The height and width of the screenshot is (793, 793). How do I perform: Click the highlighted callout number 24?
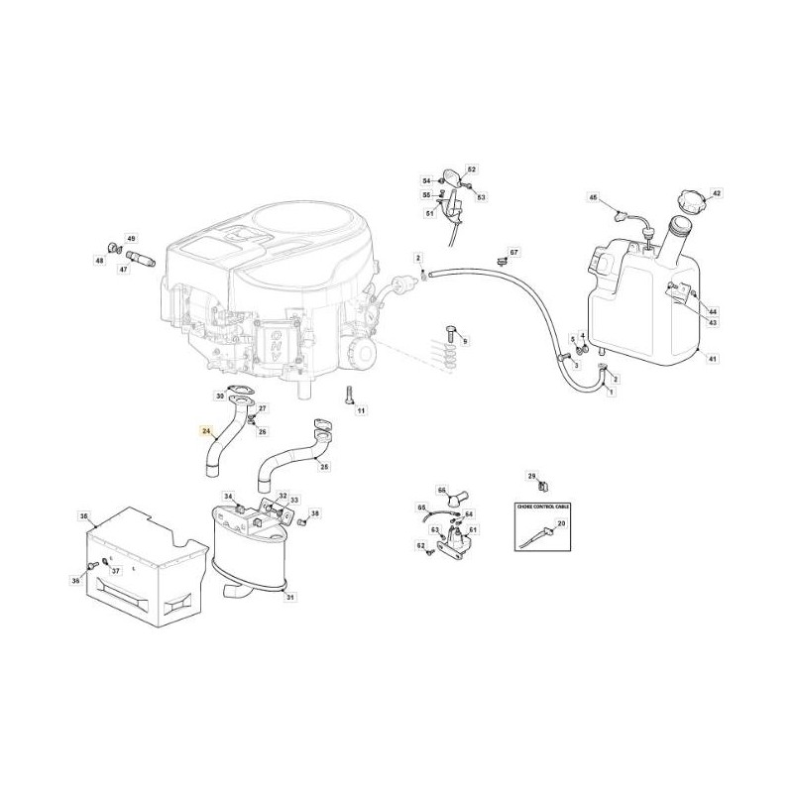pos(206,431)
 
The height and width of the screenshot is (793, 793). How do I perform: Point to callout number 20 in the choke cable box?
pos(562,523)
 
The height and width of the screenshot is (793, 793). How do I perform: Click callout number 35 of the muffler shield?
pos(84,516)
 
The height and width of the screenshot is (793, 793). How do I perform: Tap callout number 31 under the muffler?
pos(289,596)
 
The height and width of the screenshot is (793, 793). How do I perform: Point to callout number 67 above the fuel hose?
pos(514,254)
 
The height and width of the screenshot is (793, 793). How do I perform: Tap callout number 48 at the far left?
pos(99,261)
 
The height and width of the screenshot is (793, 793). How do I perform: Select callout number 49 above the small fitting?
pos(131,239)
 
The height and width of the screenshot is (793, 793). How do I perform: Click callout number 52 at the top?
pos(472,170)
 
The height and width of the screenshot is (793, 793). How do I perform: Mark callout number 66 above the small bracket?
pos(443,489)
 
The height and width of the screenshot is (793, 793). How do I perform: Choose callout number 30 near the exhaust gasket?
pos(219,396)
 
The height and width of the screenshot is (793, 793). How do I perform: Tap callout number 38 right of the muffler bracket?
pos(315,512)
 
